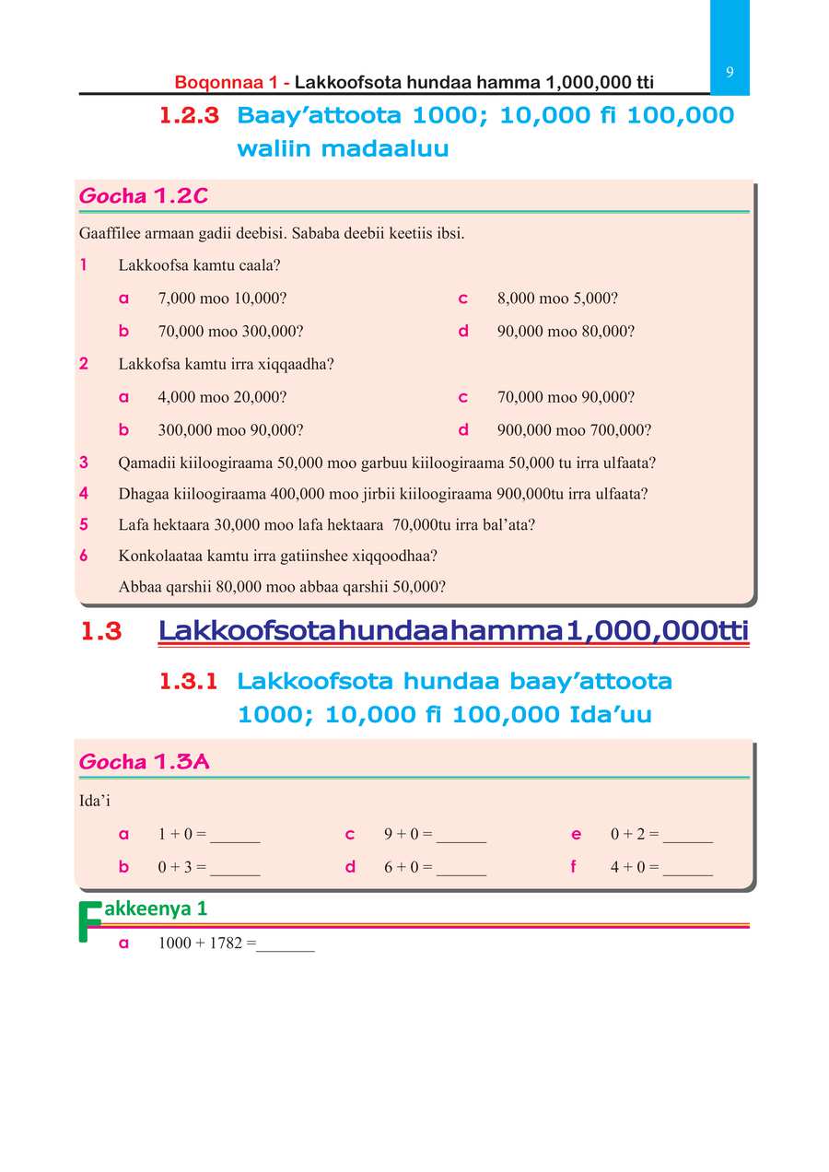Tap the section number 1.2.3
(189, 116)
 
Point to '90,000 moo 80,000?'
(566, 331)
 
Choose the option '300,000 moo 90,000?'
(231, 430)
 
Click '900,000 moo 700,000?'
(574, 430)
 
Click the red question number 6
(84, 556)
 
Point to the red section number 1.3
(101, 632)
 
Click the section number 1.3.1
(189, 682)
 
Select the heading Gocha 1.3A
(145, 762)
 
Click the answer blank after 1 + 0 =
(235, 837)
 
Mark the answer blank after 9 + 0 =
(461, 837)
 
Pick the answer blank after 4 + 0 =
(687, 869)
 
